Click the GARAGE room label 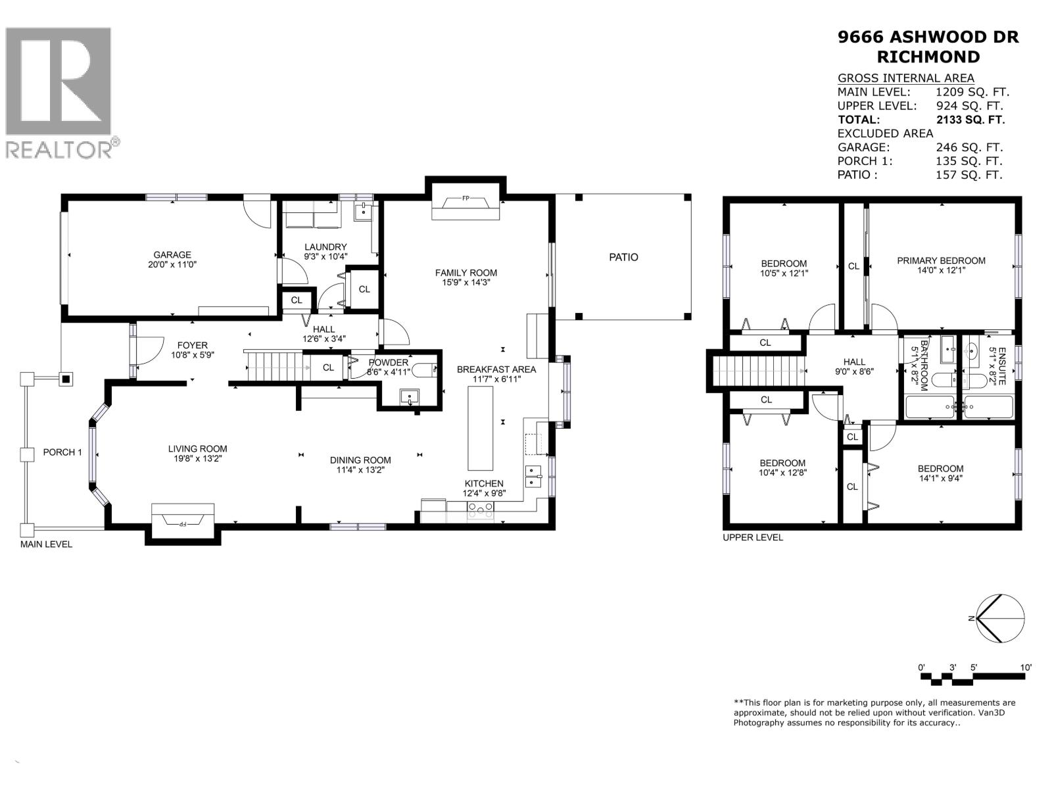coord(172,255)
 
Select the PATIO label coord(623,257)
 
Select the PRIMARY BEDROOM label coord(941,260)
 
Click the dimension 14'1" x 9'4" coord(940,479)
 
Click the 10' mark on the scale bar coord(1025,667)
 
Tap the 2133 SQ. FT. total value coord(970,120)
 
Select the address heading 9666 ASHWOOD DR coord(928,37)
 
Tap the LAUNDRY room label coord(325,247)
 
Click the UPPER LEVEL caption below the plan coord(753,537)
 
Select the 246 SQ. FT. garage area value coord(968,147)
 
